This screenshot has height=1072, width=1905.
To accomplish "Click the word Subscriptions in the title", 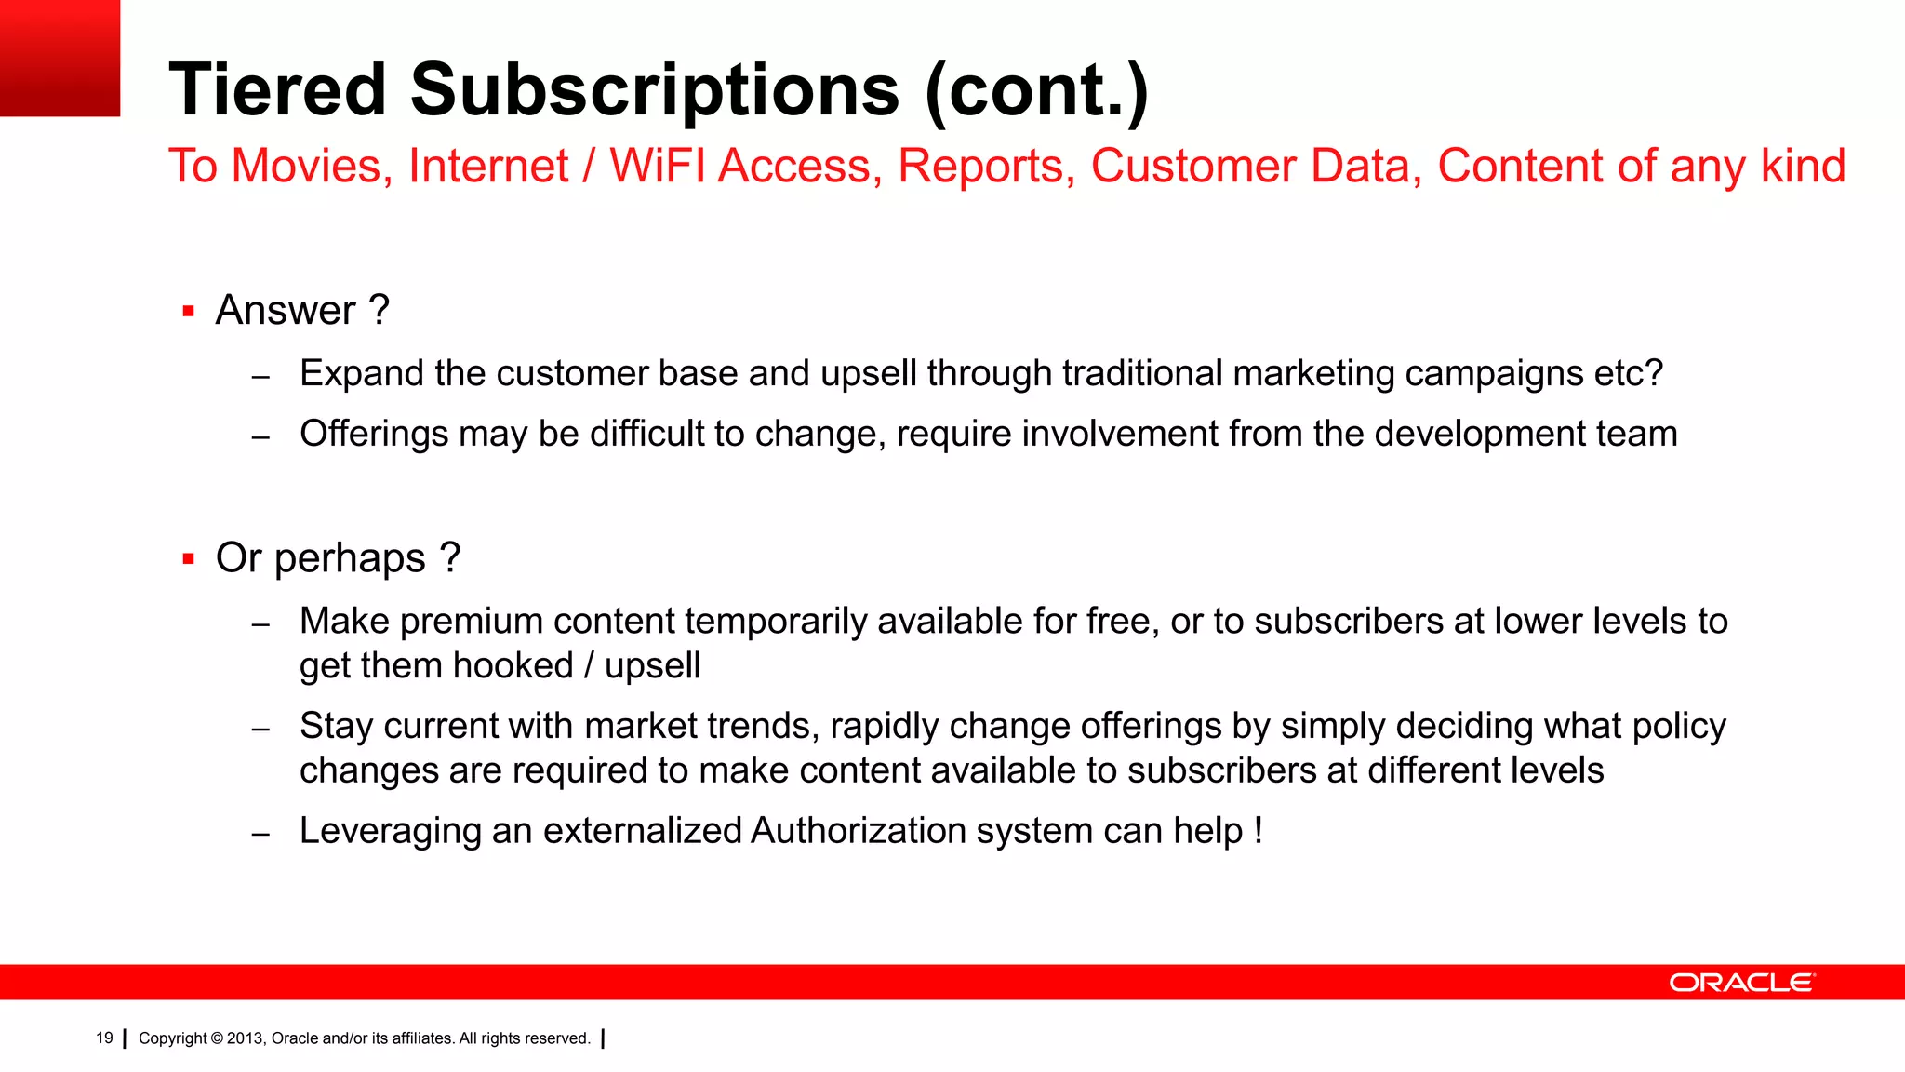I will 655,89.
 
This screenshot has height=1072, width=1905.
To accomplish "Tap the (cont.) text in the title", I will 1036,91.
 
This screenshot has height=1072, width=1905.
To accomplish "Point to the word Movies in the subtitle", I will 306,167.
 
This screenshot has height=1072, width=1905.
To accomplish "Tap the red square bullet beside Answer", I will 189,312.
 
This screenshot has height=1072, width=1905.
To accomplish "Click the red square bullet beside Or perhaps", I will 189,559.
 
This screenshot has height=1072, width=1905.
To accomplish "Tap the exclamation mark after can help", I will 1258,830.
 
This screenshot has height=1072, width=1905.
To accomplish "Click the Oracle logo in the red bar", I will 1741,983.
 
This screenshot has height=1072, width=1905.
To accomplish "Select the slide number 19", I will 104,1038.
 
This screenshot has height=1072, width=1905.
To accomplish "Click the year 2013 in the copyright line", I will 246,1038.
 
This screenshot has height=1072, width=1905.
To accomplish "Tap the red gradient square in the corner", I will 60,58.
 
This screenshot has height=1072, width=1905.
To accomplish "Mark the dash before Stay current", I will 260,729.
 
